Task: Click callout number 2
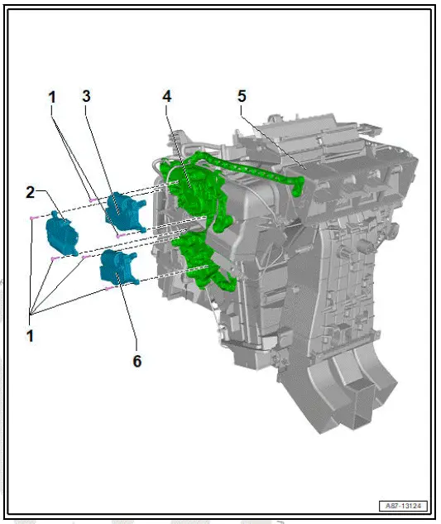point(31,192)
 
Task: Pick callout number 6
point(137,362)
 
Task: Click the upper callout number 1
point(51,97)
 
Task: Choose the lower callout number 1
point(31,337)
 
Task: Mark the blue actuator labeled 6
point(117,267)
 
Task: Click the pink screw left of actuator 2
point(31,217)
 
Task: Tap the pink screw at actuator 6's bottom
point(109,290)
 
